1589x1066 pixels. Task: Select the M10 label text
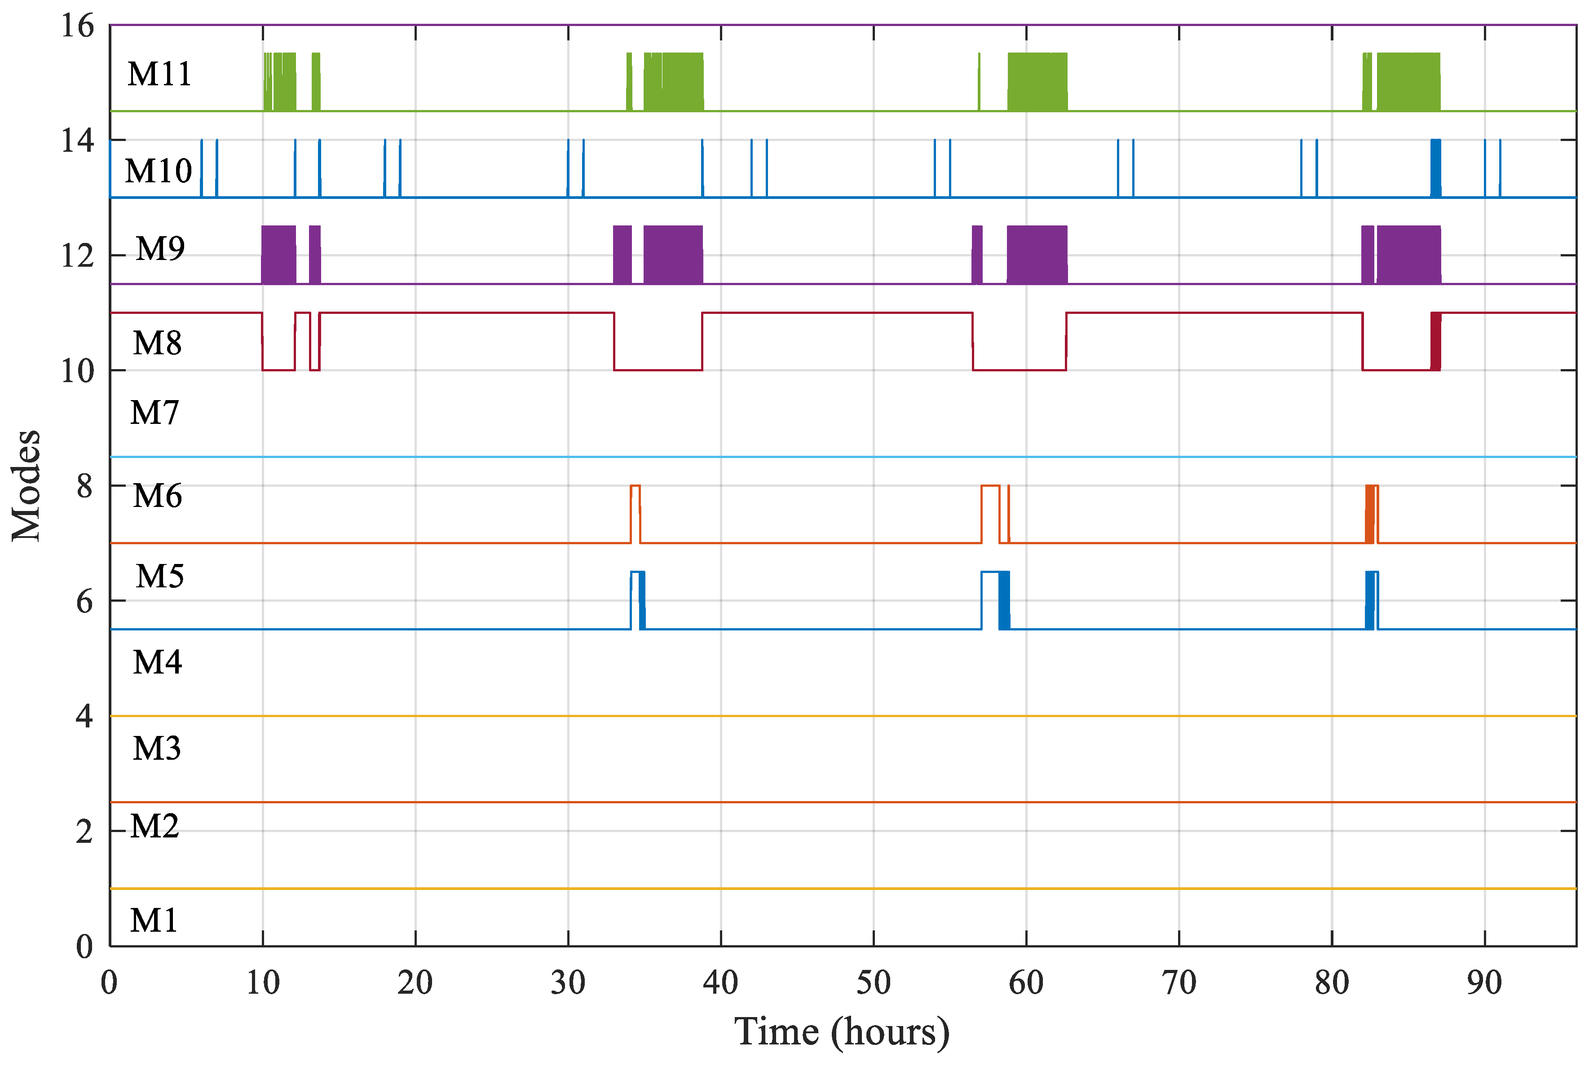159,171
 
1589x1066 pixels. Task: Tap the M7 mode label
154,412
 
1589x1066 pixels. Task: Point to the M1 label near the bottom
154,921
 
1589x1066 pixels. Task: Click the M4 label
157,661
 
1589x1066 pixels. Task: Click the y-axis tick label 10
77,371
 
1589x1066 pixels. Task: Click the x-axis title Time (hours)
841,1032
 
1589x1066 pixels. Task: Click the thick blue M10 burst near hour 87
1435,168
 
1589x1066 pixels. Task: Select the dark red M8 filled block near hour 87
1435,341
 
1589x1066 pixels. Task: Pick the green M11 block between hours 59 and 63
1037,82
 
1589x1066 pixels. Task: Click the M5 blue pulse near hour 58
1004,600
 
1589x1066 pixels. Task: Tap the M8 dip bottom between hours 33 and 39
658,370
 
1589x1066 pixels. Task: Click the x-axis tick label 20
415,983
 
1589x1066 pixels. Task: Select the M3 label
156,748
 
